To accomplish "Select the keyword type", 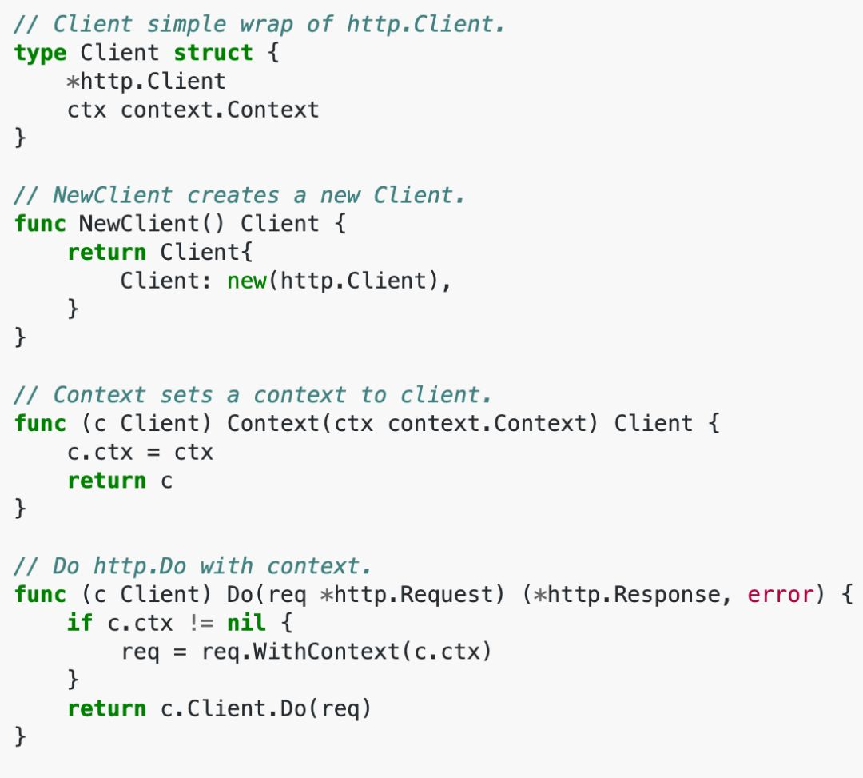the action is click(40, 53).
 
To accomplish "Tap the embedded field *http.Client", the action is click(146, 81).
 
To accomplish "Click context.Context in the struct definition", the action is click(220, 110).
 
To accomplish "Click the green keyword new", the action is click(247, 281).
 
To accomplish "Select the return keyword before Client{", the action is click(106, 252).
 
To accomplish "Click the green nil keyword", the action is click(247, 623).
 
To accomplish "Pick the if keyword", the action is click(79, 623).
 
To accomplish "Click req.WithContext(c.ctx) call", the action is click(346, 652).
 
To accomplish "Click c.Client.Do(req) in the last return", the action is click(266, 708).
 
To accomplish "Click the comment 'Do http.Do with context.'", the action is click(193, 566).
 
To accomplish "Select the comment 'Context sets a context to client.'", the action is click(253, 395).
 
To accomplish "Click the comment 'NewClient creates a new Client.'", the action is click(240, 195).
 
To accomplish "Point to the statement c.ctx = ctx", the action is click(140, 452).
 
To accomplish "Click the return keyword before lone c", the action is click(106, 481).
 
